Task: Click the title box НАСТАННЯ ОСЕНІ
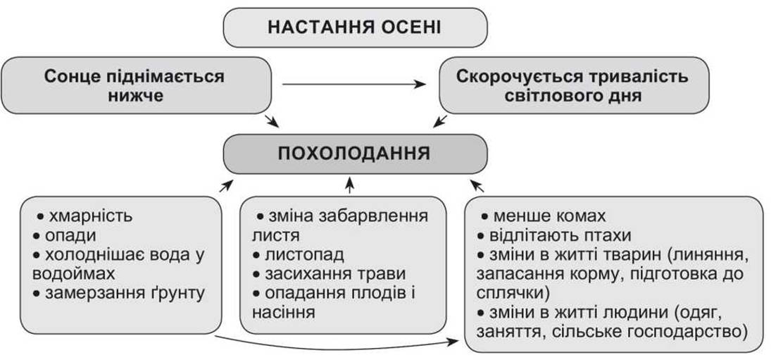(x=355, y=27)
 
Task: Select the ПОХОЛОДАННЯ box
(x=355, y=154)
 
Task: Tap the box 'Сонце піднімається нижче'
(x=136, y=85)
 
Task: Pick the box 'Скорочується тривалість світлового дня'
(x=574, y=85)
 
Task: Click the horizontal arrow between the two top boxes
(x=354, y=85)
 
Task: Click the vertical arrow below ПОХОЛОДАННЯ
(x=350, y=185)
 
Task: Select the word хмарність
(x=90, y=216)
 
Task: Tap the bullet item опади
(x=70, y=235)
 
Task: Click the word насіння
(x=283, y=312)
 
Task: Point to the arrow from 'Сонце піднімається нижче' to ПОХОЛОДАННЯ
(x=270, y=121)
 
